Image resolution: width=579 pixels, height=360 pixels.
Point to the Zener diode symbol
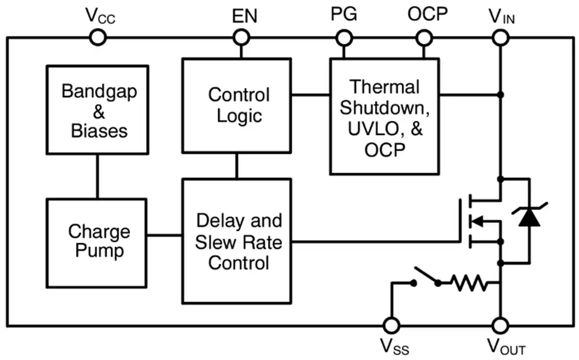tap(530, 216)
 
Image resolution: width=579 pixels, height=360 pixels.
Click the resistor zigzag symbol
tap(470, 283)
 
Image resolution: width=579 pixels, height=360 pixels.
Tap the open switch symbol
tap(426, 277)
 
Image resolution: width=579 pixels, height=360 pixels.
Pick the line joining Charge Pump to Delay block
tap(164, 235)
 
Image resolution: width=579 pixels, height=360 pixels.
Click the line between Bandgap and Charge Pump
tap(97, 177)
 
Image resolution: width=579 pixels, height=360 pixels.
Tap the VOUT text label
tap(506, 346)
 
